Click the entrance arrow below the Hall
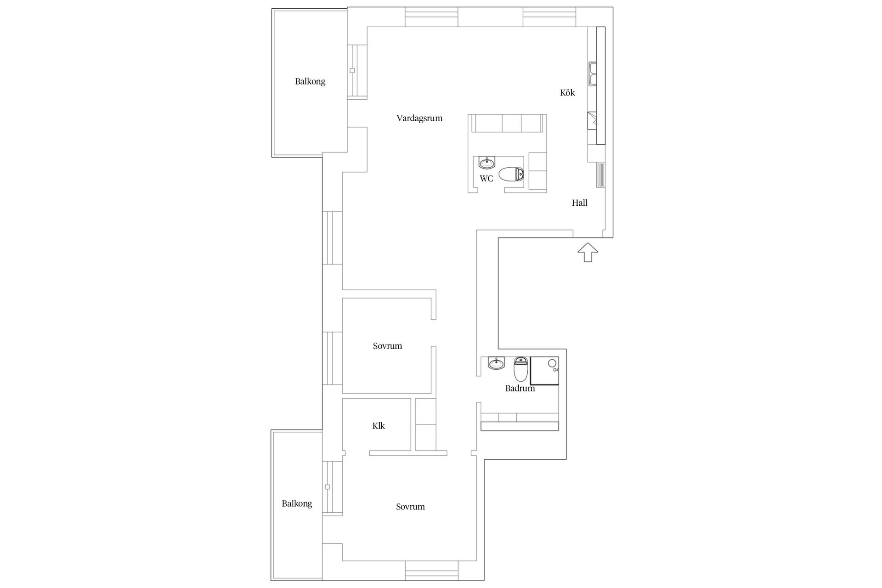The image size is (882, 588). click(x=588, y=253)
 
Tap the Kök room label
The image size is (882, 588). click(x=567, y=92)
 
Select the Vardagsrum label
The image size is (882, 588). click(x=419, y=119)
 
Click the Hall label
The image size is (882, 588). click(x=580, y=203)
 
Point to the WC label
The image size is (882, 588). click(x=486, y=178)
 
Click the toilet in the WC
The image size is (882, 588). click(x=511, y=175)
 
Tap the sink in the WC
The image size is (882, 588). click(x=487, y=162)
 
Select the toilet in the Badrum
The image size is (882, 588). click(x=520, y=369)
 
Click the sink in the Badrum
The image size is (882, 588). click(x=496, y=363)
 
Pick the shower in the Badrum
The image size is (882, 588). click(x=545, y=370)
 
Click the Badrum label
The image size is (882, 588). click(x=520, y=389)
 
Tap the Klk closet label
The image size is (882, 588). click(x=379, y=426)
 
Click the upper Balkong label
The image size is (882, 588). click(x=310, y=82)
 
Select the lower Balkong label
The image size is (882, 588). click(x=297, y=504)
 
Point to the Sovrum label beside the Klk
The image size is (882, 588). click(x=387, y=346)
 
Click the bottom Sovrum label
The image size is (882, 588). click(x=410, y=507)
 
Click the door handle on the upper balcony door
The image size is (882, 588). click(x=352, y=70)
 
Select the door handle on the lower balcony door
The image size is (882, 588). click(x=328, y=486)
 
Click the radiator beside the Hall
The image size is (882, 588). click(x=600, y=175)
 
